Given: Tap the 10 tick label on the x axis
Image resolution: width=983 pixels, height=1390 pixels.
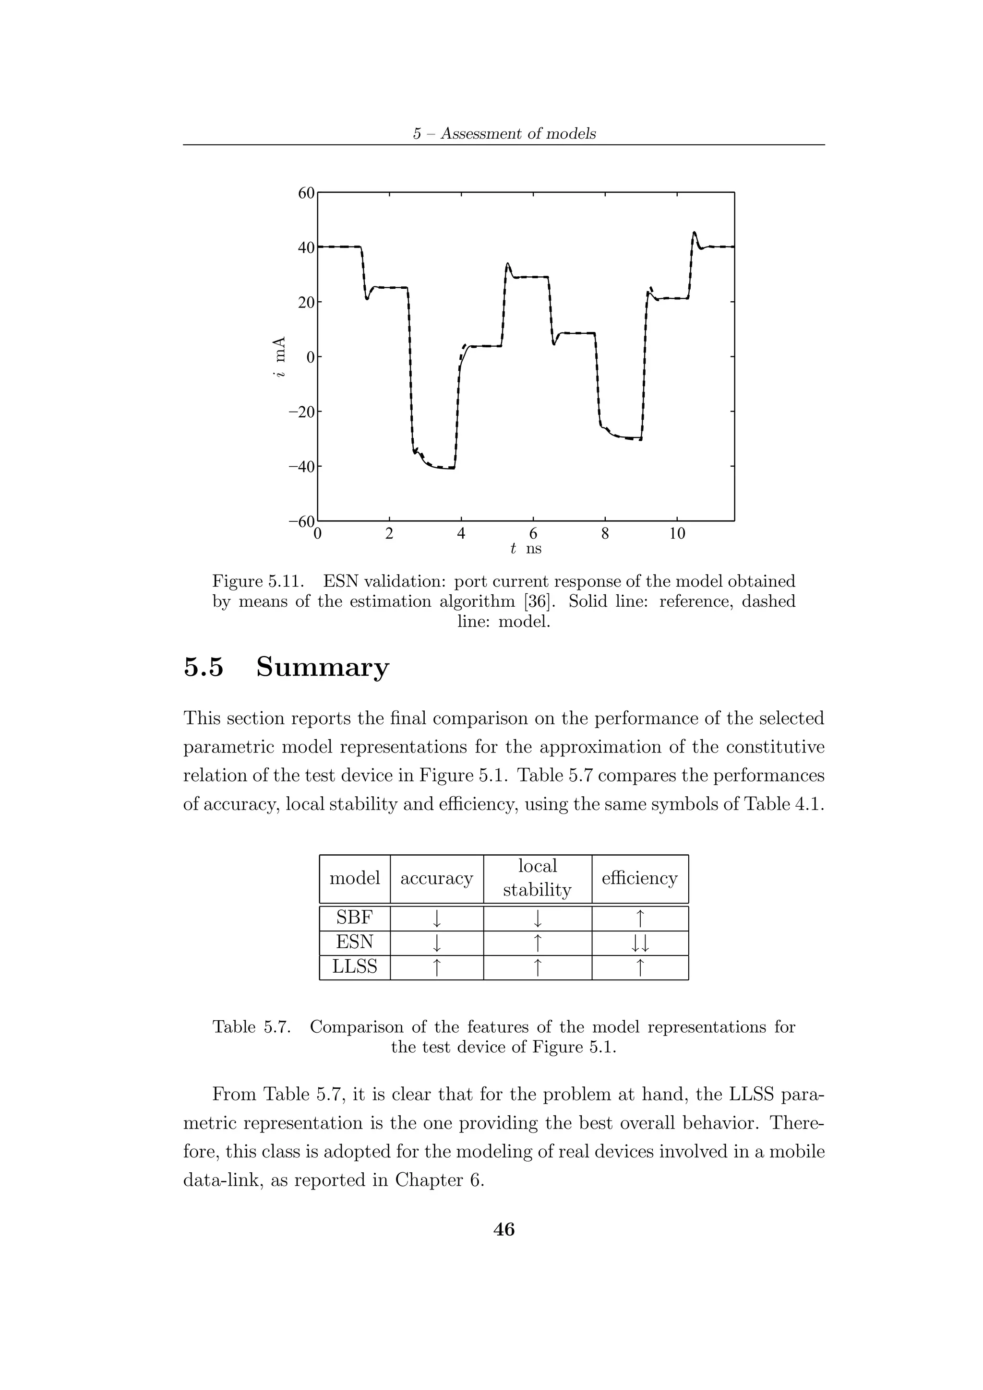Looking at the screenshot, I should (x=677, y=533).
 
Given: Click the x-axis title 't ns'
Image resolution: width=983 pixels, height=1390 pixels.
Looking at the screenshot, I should (x=526, y=549).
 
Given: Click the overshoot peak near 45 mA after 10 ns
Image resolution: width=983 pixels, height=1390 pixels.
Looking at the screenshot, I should (x=694, y=233).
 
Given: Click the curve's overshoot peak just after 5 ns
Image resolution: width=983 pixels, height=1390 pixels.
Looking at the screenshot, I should (x=507, y=264).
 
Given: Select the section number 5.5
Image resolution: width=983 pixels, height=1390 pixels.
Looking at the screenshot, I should (x=204, y=667).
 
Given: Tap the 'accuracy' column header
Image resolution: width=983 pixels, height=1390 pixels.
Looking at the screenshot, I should (x=436, y=878).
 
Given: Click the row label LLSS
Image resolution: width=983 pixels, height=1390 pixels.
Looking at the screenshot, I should (x=354, y=967).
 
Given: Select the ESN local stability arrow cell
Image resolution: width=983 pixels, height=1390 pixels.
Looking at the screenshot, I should (x=537, y=943).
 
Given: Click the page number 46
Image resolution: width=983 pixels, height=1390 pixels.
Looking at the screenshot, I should (x=504, y=1229).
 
